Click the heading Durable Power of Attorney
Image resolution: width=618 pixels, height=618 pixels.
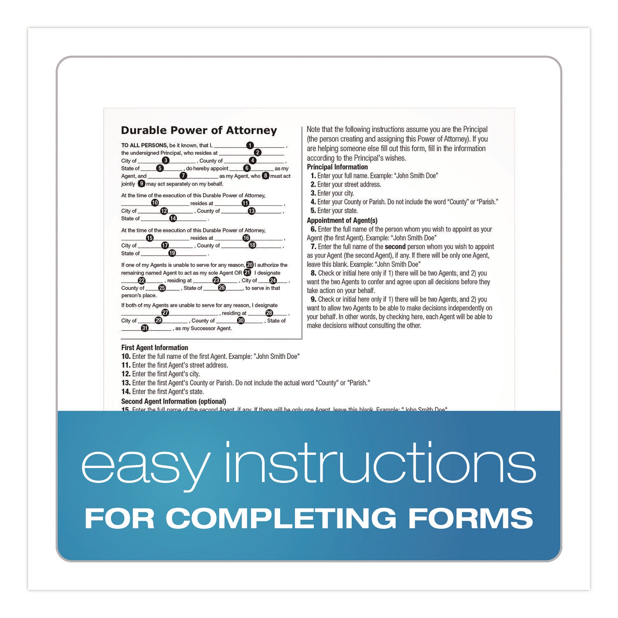click(199, 131)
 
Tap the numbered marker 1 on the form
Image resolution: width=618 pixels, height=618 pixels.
click(250, 145)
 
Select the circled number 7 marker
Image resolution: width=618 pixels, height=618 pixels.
click(183, 176)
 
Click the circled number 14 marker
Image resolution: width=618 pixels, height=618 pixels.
click(173, 218)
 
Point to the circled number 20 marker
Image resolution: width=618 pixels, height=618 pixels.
click(250, 265)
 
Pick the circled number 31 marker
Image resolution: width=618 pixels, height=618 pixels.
click(145, 328)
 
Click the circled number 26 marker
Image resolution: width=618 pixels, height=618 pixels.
click(222, 288)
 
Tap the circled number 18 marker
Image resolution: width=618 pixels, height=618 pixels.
click(252, 245)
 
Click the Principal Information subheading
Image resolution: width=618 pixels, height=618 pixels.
click(337, 167)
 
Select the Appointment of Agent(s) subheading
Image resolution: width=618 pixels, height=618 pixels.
click(342, 220)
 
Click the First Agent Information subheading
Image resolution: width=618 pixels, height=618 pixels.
click(154, 348)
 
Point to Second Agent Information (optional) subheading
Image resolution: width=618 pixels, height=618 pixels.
click(173, 401)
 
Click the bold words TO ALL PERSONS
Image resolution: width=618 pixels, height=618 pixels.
click(144, 145)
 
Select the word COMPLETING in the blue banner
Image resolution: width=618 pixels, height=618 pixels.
click(281, 518)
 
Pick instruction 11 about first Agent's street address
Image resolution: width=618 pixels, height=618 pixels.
click(175, 365)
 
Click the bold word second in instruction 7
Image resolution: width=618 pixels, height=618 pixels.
click(395, 247)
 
